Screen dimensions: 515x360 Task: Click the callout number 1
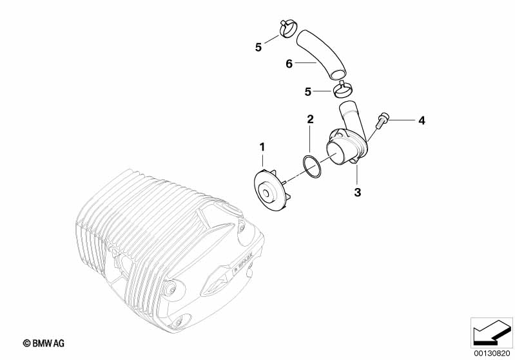pyautogui.click(x=262, y=147)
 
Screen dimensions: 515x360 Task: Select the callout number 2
pyautogui.click(x=311, y=119)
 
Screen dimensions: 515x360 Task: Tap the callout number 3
pyautogui.click(x=357, y=192)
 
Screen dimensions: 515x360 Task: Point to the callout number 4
pyautogui.click(x=422, y=121)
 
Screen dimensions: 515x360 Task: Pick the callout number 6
pyautogui.click(x=289, y=64)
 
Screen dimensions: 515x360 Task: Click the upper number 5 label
pyautogui.click(x=258, y=47)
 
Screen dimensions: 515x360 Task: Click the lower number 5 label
pyautogui.click(x=307, y=92)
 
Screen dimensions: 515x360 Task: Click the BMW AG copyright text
pyautogui.click(x=44, y=344)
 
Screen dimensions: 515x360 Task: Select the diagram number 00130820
pyautogui.click(x=492, y=354)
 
